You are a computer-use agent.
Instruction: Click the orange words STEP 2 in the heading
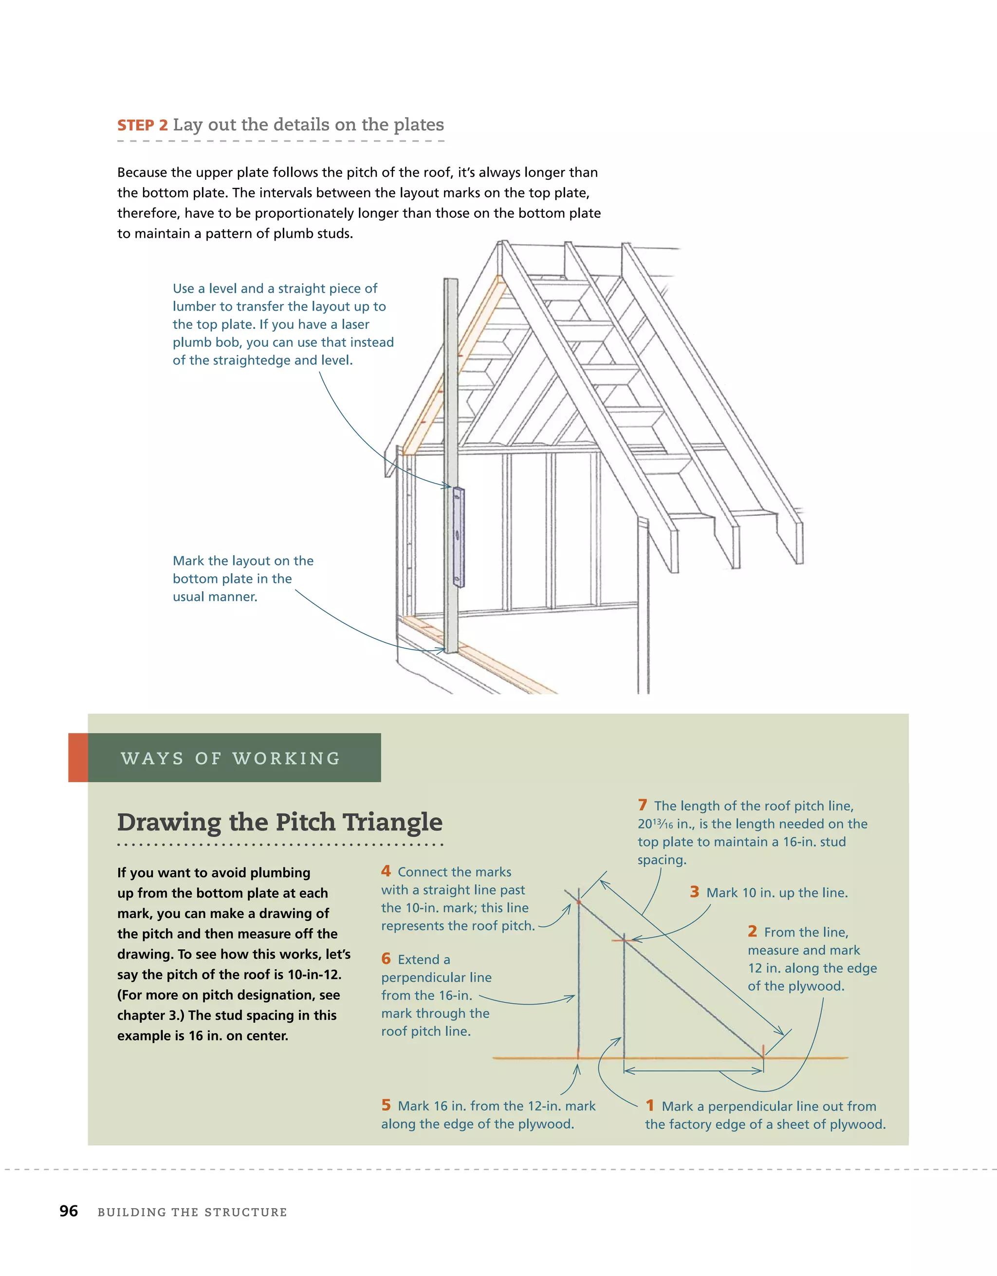pos(142,125)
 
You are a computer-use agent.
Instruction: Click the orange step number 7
pos(643,805)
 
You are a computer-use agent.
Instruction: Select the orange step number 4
pos(386,871)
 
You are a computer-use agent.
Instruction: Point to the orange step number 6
pos(386,959)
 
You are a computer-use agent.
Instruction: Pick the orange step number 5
pos(386,1105)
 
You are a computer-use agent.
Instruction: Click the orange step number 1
pos(650,1106)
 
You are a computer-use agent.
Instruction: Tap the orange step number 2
pos(752,931)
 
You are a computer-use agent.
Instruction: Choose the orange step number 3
pos(695,892)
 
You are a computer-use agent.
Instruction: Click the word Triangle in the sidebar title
pos(392,822)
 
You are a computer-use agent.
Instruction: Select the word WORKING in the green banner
pos(286,758)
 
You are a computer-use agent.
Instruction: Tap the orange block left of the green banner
pos(78,758)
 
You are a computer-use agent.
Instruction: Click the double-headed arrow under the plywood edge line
pos(693,1071)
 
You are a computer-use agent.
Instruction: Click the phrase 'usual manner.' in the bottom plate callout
pos(215,597)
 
